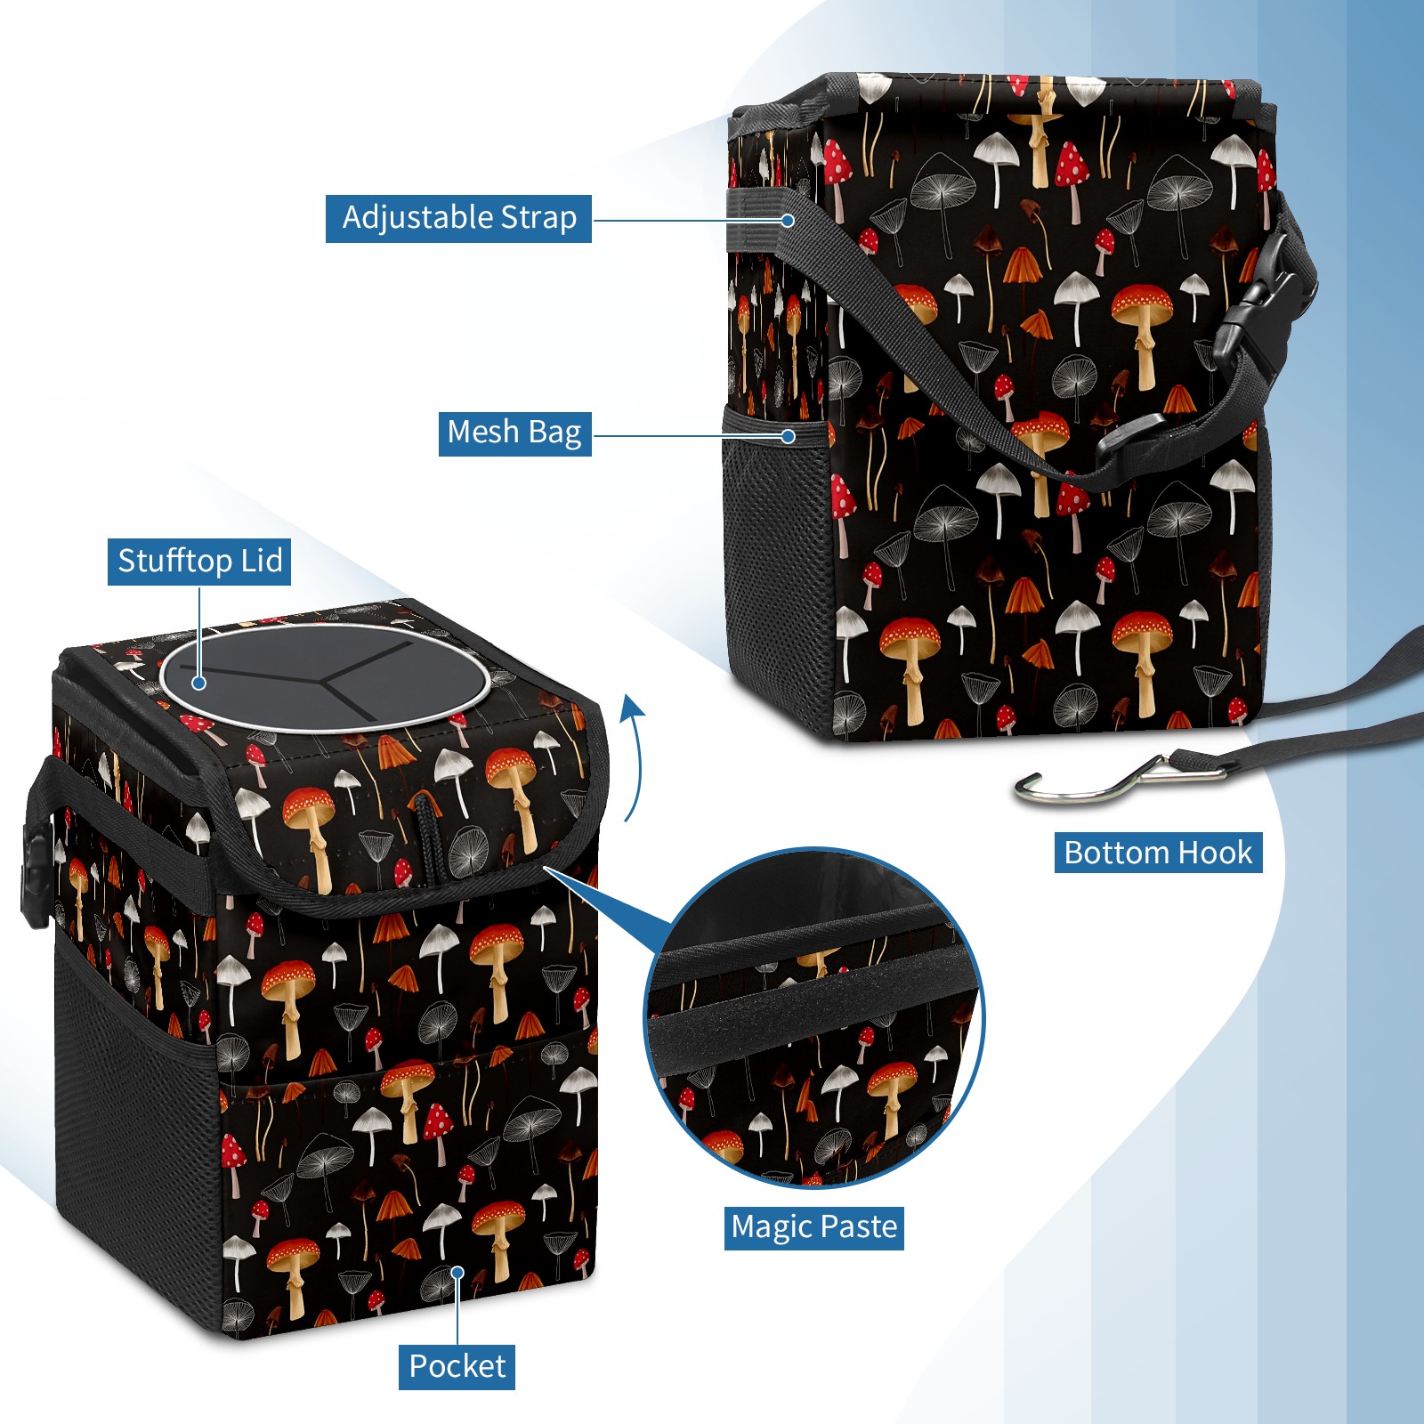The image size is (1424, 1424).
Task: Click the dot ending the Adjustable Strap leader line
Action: point(788,220)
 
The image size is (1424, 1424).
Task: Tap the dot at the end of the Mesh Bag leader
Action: point(788,436)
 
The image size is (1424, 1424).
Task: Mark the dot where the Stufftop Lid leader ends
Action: point(199,683)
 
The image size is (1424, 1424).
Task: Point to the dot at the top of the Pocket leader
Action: point(457,1273)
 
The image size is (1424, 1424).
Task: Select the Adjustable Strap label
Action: point(458,218)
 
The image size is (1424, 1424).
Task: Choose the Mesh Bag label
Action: point(514,433)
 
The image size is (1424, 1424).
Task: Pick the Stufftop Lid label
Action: point(199,562)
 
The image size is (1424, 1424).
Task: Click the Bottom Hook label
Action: point(1158,853)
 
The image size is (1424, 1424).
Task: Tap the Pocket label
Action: point(457,1366)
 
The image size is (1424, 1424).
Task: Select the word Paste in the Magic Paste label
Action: point(859,1228)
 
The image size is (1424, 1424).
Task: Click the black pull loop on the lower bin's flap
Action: point(428,837)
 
